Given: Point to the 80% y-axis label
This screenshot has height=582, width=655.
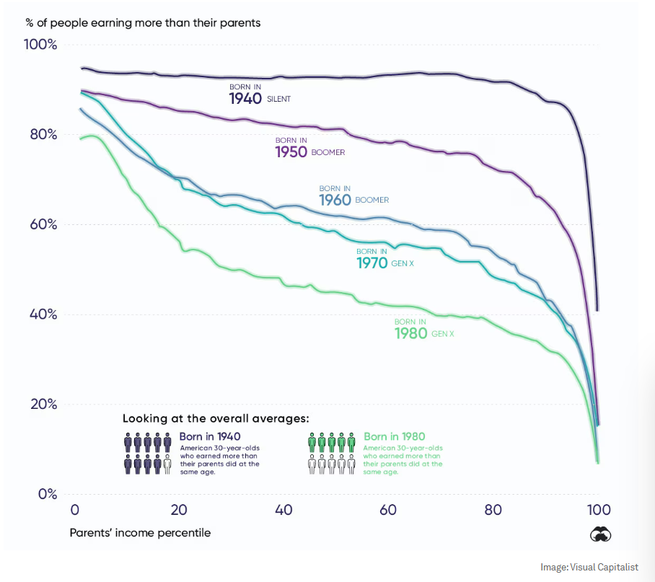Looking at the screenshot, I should [x=42, y=135].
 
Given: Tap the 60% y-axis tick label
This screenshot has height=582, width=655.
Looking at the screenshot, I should [x=42, y=224].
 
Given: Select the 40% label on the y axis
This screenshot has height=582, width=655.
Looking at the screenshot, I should [x=42, y=314].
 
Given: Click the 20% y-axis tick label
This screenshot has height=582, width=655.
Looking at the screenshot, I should [x=42, y=404].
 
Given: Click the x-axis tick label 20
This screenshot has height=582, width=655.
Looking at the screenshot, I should [x=178, y=510].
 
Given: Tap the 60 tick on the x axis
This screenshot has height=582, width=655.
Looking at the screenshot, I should [x=388, y=510].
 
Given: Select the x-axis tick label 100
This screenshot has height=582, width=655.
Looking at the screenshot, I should [x=597, y=510].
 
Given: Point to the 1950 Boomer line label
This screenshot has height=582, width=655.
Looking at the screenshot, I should [x=309, y=148].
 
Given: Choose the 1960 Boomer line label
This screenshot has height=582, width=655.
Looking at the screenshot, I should [x=353, y=196].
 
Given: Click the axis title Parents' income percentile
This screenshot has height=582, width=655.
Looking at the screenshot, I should [x=141, y=533].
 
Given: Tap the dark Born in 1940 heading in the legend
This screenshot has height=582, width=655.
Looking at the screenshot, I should [x=210, y=436].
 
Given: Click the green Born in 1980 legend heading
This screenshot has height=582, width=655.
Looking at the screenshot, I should [x=395, y=436].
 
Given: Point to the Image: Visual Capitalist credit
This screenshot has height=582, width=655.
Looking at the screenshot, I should [x=589, y=568].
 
